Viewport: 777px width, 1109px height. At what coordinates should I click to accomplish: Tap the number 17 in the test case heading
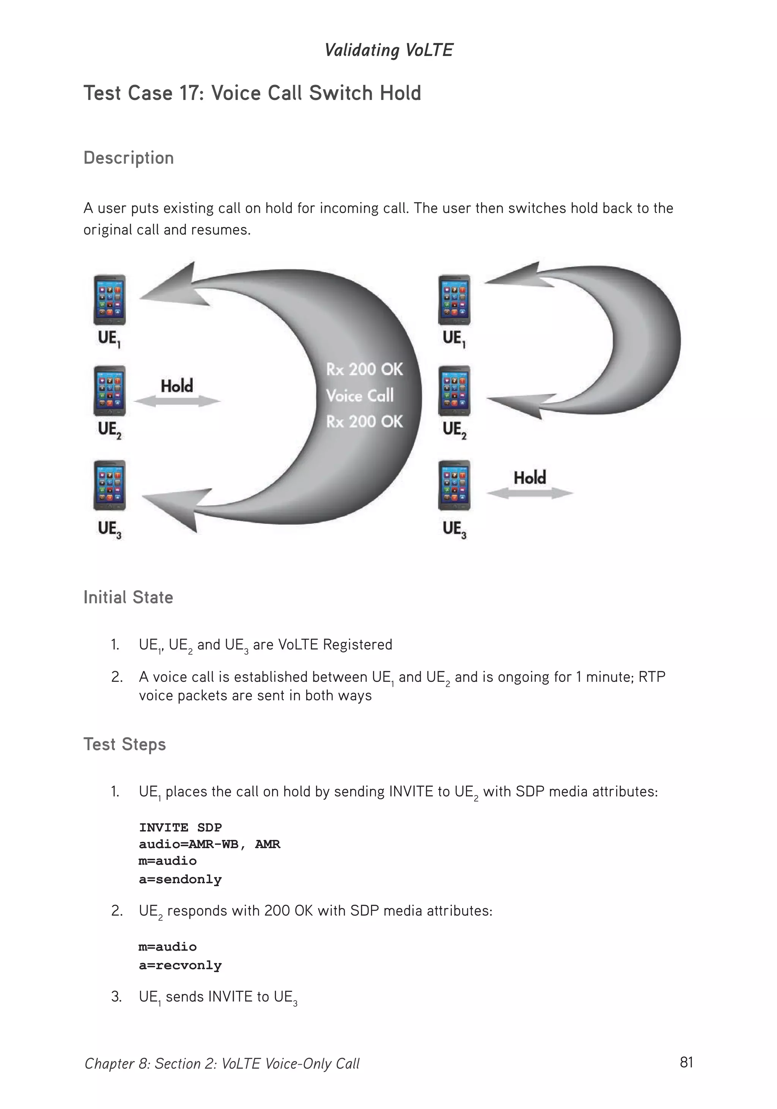point(190,93)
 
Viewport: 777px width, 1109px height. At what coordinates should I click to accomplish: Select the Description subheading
point(129,158)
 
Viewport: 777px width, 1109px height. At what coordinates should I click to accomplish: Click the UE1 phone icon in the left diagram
point(110,300)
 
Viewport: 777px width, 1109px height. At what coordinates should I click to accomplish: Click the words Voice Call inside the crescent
point(360,396)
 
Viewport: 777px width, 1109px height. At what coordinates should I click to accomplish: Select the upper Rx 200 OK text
point(364,370)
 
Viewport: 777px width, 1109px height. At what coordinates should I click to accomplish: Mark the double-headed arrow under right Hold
point(529,493)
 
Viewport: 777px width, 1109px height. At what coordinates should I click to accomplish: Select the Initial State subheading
point(128,597)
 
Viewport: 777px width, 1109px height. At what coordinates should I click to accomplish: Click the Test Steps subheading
point(125,744)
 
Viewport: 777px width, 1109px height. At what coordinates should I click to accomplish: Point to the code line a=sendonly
point(180,880)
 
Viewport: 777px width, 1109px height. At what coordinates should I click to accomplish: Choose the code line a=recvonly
point(180,966)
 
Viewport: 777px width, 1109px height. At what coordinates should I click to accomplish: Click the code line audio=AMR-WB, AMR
point(209,844)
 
